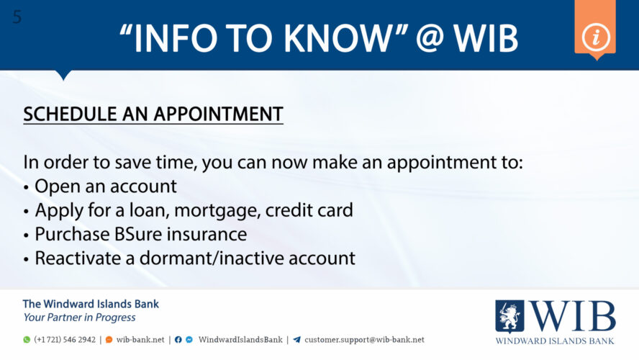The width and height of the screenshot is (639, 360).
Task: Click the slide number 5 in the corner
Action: tap(17, 17)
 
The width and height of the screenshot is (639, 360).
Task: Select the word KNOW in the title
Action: tap(335, 38)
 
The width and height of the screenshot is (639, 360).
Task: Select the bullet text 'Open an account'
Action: tap(106, 186)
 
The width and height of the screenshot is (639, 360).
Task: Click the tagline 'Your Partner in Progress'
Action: tap(79, 318)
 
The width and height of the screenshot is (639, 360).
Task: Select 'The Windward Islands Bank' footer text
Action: tap(91, 304)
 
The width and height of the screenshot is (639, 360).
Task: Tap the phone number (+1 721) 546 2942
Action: tap(65, 340)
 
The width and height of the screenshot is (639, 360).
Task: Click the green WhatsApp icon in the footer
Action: tap(27, 340)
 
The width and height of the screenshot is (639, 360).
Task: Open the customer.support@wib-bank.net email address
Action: tap(364, 340)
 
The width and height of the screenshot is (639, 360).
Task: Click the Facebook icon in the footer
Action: tap(178, 340)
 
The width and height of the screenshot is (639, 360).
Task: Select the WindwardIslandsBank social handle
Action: tap(240, 340)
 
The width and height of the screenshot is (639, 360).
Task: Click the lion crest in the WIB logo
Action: tap(509, 315)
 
